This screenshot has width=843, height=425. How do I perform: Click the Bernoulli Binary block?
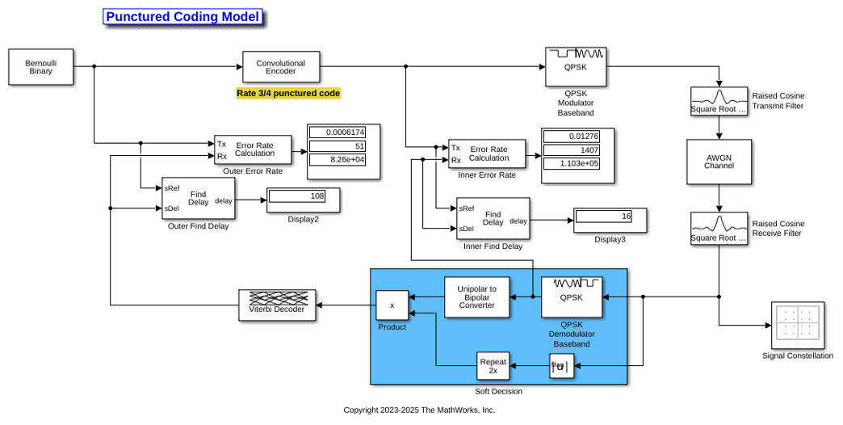point(41,67)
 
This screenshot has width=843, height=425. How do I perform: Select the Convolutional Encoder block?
point(281,67)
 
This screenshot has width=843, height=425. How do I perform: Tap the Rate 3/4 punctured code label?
point(288,93)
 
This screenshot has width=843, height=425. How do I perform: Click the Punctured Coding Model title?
point(182,17)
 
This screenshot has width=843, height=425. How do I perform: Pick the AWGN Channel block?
point(719,162)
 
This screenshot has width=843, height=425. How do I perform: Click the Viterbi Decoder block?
point(277,305)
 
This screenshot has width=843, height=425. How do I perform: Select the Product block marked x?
point(392,305)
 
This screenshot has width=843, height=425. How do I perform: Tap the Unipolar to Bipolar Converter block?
point(477,297)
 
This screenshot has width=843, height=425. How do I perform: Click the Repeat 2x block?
point(493,366)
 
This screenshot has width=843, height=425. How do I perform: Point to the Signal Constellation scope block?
point(798,325)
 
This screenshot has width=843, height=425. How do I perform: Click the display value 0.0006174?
point(338,133)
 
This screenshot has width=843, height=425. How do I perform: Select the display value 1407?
point(571,150)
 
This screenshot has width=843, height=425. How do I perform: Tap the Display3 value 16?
point(604,217)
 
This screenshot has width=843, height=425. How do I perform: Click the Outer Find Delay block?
point(199,199)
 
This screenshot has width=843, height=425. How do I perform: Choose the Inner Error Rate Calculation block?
point(487,154)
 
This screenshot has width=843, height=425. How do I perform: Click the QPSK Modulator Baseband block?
point(576,67)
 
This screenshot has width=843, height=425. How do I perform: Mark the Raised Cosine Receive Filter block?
point(719,229)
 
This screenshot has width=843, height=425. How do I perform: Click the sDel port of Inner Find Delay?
point(467,229)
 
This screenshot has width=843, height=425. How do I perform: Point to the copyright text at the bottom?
point(419,410)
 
